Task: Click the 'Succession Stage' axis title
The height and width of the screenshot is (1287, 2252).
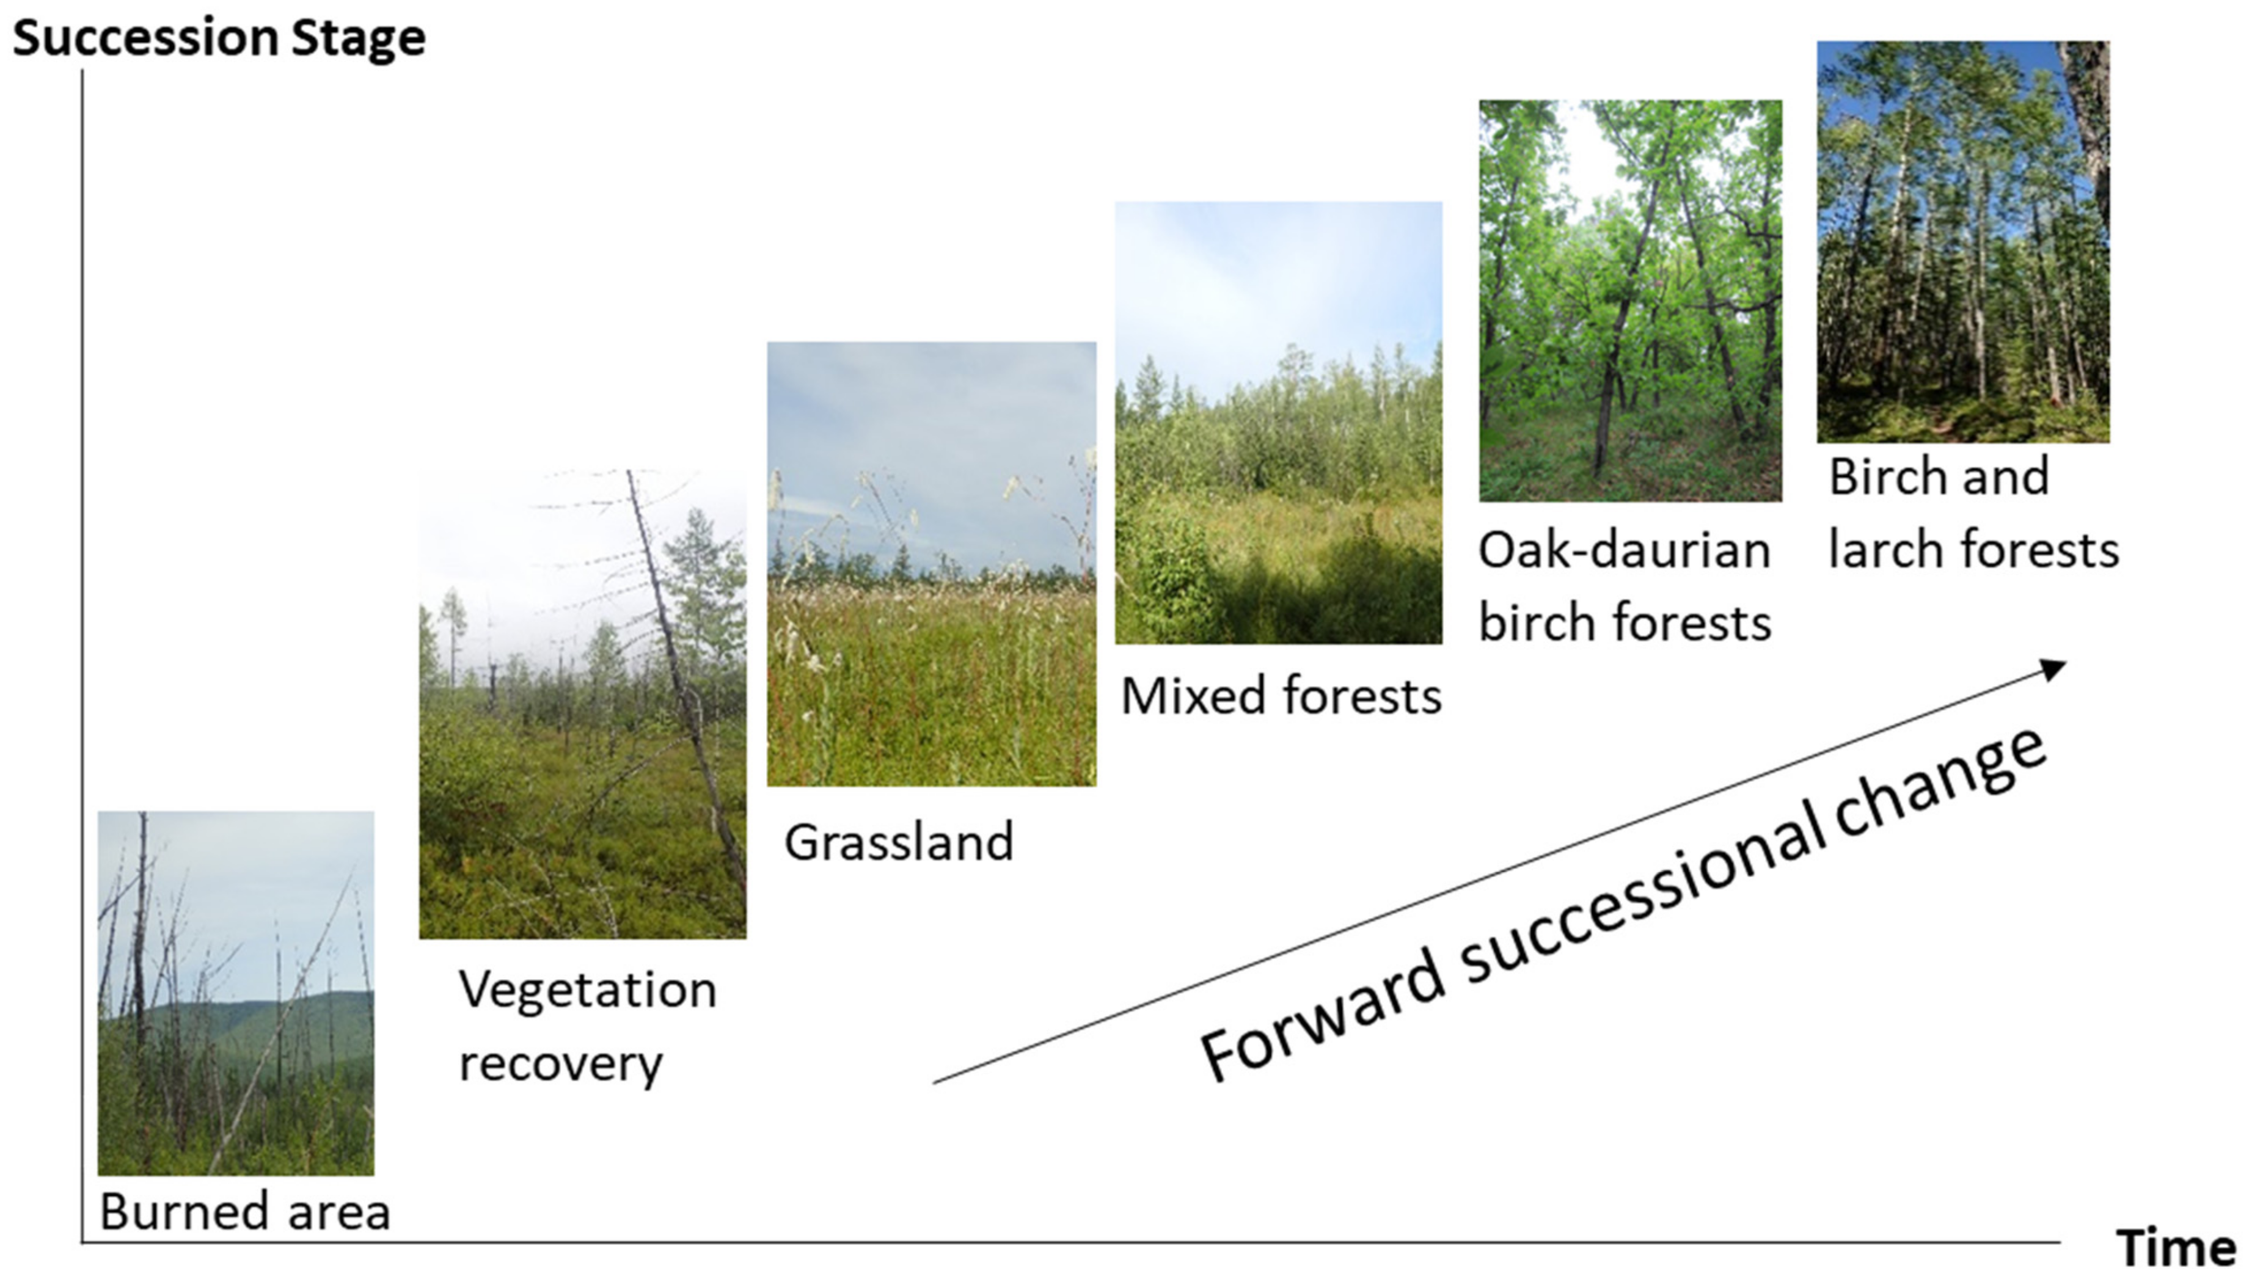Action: (x=219, y=39)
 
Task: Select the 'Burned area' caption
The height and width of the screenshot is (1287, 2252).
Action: (x=245, y=1211)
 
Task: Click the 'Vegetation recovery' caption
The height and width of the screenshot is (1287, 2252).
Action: (x=588, y=1026)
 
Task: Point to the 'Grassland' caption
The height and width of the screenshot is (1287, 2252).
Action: (x=899, y=842)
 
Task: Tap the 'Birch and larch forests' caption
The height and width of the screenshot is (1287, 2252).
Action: (x=1973, y=512)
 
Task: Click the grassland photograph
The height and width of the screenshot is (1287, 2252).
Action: (x=932, y=564)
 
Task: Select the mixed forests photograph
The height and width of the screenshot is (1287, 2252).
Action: (x=1278, y=423)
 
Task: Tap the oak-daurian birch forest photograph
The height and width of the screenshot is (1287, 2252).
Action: (x=1631, y=301)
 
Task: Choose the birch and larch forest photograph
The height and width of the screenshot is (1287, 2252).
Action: (x=1963, y=241)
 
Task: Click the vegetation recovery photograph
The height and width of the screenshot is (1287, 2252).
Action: (x=582, y=704)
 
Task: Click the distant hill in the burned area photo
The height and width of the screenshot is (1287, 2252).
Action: (x=265, y=1026)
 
